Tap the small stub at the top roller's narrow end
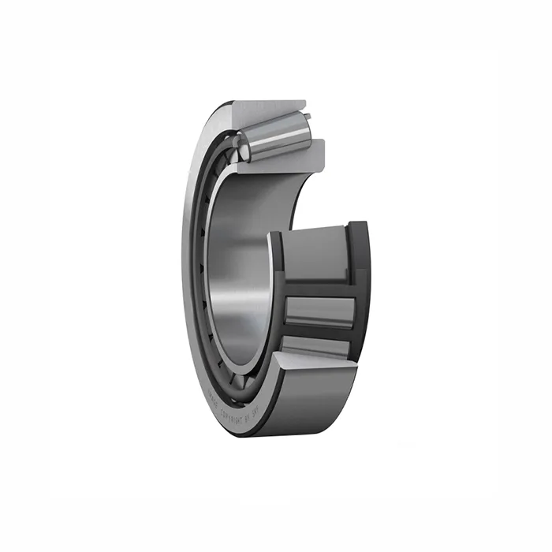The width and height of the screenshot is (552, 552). (x=308, y=119)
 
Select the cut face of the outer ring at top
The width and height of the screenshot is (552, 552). (x=268, y=109)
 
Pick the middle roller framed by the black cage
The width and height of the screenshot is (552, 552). (x=319, y=311)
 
